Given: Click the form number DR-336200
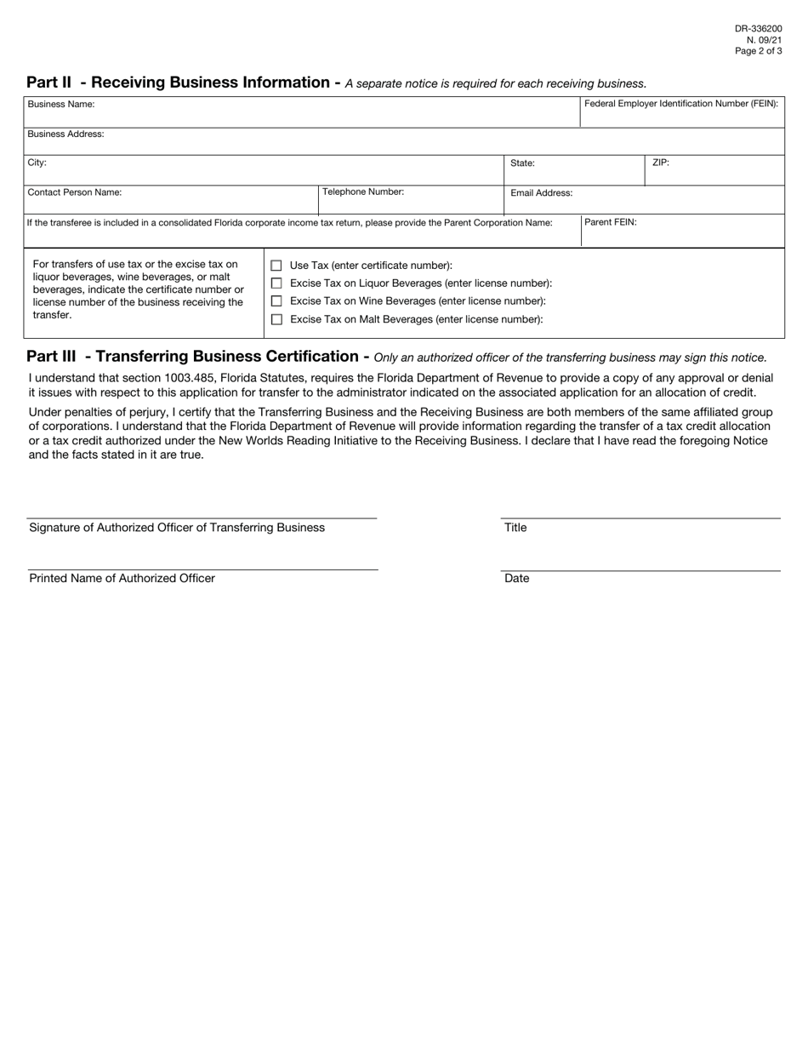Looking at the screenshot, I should tap(758, 29).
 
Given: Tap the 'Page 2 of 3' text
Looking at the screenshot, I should tap(758, 51).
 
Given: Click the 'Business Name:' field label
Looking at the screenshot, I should tap(61, 104).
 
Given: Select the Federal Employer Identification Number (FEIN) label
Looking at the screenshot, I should tap(681, 104).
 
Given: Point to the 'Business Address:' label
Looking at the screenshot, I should tap(65, 134).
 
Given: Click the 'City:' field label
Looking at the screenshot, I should tap(37, 162).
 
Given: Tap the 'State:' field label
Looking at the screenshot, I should tap(522, 163).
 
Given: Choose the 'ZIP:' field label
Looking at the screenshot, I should tap(661, 162).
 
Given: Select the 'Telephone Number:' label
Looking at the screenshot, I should tap(363, 192).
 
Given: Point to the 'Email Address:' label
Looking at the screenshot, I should tap(541, 193).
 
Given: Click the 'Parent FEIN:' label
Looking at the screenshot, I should tap(611, 222).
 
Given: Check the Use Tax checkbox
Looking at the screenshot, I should tap(276, 266).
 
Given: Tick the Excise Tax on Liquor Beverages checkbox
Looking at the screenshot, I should tap(276, 283).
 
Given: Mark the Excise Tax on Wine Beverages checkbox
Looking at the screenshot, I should tap(276, 301).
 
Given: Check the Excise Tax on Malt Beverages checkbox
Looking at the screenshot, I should tap(276, 319).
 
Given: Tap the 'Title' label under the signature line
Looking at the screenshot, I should tap(515, 528).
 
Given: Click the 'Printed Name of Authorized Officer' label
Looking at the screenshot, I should tap(122, 579).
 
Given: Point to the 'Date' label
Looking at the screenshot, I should tap(516, 579).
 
